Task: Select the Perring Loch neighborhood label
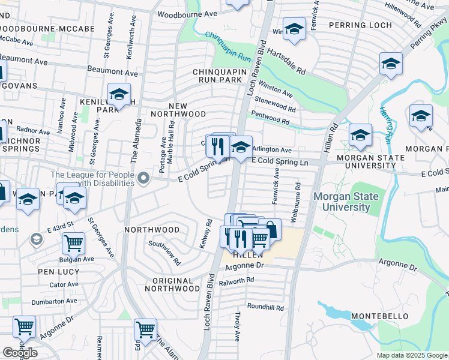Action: coord(360,26)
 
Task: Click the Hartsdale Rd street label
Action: coord(286,62)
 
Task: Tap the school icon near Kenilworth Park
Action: coord(119,95)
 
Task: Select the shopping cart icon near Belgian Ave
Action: coord(73,243)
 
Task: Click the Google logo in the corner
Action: coord(20,353)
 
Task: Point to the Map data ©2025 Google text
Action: coord(412,355)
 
